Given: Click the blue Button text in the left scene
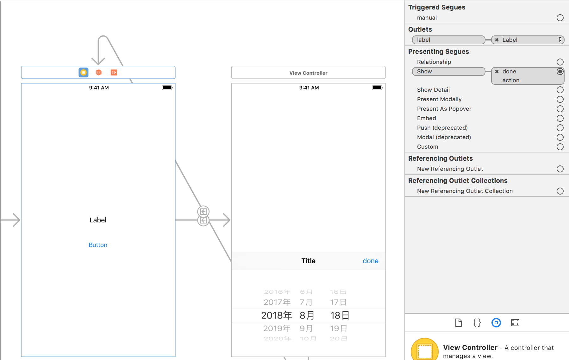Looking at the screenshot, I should point(98,245).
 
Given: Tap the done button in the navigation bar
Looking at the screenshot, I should point(370,261).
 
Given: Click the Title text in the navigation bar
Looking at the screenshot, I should point(308,261).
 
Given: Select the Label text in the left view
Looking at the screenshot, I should point(98,220).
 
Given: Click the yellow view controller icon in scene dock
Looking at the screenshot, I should point(83,72).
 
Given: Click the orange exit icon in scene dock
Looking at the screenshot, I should point(114,72).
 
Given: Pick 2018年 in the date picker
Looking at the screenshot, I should point(276,315).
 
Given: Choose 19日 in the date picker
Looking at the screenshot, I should point(339,328).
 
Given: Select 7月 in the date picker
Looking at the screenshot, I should point(306,302).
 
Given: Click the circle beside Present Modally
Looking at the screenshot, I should point(560,99).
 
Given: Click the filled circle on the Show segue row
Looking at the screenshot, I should point(560,71).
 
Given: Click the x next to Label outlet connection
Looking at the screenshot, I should point(497,40).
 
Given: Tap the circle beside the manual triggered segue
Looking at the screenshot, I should point(560,18).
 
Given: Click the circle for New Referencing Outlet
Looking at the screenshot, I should point(560,169).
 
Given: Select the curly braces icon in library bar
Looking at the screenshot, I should point(477,323).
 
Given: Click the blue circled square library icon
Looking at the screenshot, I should point(496,323).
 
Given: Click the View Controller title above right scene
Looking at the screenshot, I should point(308,73).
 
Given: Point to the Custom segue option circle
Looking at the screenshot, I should point(560,147).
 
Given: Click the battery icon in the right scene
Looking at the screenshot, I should point(377,88).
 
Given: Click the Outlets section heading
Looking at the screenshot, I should point(420,29).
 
